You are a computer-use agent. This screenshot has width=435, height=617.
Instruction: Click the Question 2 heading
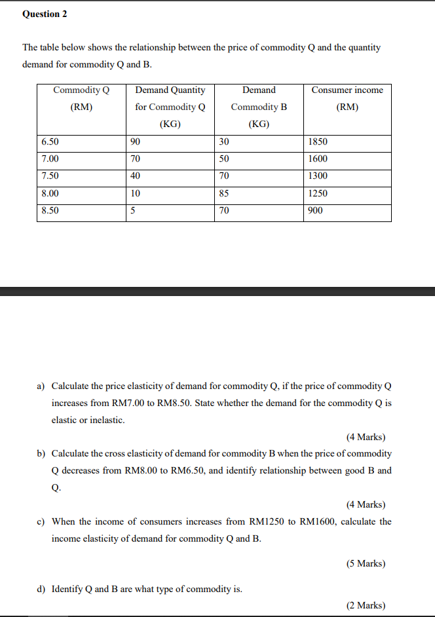point(45,14)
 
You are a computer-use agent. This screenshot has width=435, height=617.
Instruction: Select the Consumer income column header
point(347,98)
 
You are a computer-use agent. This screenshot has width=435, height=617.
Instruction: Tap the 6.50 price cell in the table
point(50,141)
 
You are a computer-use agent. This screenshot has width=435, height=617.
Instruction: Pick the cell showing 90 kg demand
point(135,141)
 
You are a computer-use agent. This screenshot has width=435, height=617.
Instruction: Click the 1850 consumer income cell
point(318,141)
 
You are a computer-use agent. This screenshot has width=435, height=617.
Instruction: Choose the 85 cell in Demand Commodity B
point(224,193)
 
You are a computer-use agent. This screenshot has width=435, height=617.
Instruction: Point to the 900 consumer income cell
point(315,210)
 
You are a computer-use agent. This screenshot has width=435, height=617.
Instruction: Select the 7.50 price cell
point(50,176)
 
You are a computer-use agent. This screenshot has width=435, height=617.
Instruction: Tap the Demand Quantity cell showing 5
point(133,210)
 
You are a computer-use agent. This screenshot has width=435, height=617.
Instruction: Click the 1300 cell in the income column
point(318,176)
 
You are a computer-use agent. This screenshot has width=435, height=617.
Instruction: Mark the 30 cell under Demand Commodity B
point(224,141)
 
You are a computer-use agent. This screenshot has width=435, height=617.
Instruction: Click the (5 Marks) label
point(366,563)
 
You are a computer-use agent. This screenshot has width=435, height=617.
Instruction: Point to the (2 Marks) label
point(366,605)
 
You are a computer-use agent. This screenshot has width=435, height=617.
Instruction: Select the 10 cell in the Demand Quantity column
point(135,193)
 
